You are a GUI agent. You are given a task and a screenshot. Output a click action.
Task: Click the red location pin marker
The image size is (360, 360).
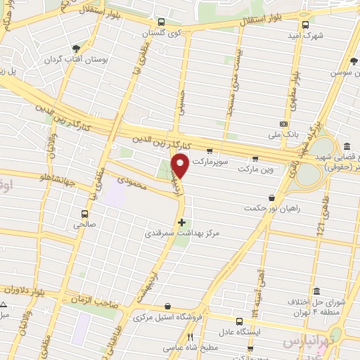tap(181, 166)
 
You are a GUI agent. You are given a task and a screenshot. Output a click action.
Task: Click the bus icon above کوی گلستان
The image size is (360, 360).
tap(162, 22)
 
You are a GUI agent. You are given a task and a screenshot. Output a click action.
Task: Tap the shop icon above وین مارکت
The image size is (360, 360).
tap(255, 158)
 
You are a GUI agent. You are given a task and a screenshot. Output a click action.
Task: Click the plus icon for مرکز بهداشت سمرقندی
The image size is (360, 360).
tap(182, 222)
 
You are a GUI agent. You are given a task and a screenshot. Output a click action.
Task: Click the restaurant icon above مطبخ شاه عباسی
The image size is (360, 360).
tap(190, 337)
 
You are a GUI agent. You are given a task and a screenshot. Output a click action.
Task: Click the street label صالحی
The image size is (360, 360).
tap(89, 226)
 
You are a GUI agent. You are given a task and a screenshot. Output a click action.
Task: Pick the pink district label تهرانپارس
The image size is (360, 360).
tap(308, 342)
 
